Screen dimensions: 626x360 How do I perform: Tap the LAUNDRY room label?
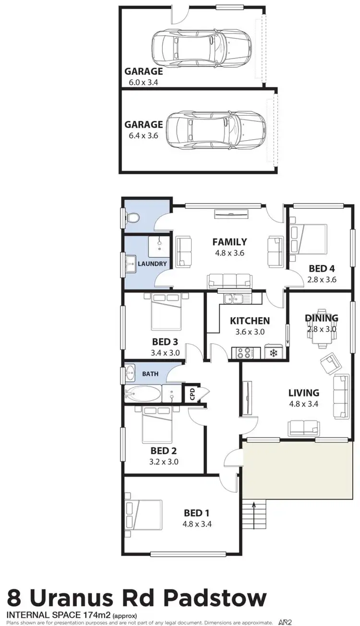[x=152, y=264]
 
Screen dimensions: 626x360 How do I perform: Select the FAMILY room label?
[x=229, y=242]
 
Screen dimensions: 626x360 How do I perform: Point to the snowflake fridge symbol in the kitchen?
[x=273, y=353]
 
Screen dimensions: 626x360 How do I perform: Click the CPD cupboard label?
[x=192, y=395]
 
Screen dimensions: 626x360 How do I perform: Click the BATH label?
[x=150, y=373]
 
